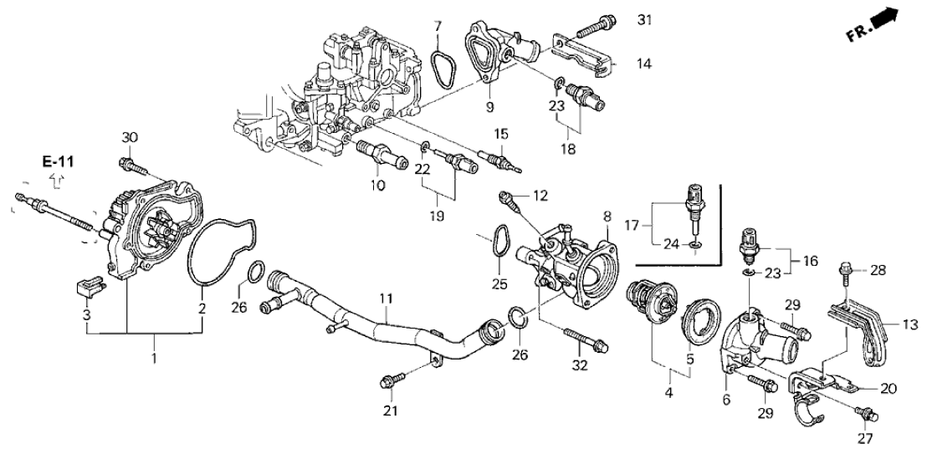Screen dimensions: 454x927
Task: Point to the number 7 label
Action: pos(437,28)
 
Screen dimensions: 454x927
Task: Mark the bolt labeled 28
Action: pos(845,272)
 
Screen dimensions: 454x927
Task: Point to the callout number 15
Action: pos(500,134)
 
